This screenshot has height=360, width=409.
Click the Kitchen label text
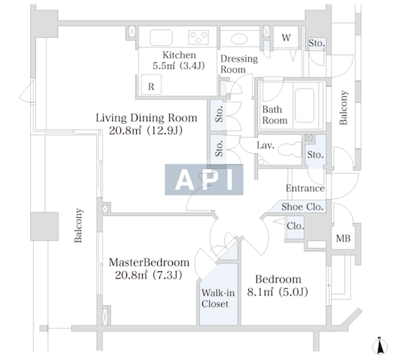[179, 55]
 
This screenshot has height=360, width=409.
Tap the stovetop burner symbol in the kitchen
[198, 38]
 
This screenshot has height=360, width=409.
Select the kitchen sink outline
[161, 38]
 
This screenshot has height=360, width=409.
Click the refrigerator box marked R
[151, 85]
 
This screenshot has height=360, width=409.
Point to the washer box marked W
[286, 38]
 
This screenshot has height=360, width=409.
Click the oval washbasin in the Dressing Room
[239, 39]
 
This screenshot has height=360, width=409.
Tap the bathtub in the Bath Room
[304, 105]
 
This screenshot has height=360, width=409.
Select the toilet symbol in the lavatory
[289, 150]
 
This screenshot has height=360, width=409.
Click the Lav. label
[265, 145]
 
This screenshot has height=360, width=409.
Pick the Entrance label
[305, 188]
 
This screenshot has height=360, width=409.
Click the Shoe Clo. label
[302, 207]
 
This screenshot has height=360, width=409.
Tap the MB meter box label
[343, 238]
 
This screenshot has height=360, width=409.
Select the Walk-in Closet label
[218, 298]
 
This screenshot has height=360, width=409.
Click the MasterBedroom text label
[149, 262]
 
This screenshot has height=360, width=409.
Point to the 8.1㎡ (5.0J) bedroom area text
[277, 292]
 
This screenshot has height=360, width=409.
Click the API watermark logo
[204, 180]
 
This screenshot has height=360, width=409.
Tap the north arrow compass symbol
[380, 346]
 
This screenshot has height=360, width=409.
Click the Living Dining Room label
[147, 118]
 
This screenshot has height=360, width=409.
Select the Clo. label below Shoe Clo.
[295, 225]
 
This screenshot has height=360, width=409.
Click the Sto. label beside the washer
[317, 43]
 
